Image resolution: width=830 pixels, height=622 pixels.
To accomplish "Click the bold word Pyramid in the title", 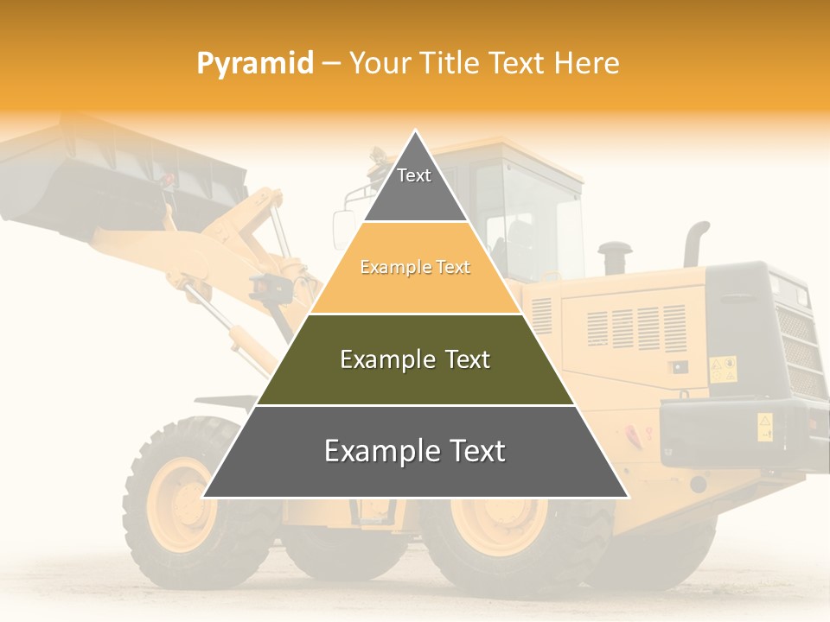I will [255, 63].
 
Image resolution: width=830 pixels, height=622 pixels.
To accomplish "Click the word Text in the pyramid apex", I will [414, 175].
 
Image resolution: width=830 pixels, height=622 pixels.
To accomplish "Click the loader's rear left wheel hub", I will [500, 523].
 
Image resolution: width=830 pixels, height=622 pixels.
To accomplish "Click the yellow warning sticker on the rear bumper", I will [765, 426].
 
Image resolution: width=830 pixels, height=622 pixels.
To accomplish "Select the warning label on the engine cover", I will [722, 369].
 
